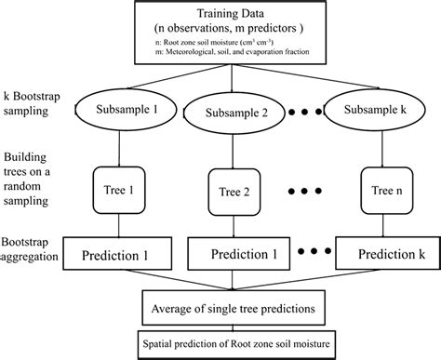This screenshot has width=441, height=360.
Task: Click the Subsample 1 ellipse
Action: [x=123, y=108]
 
